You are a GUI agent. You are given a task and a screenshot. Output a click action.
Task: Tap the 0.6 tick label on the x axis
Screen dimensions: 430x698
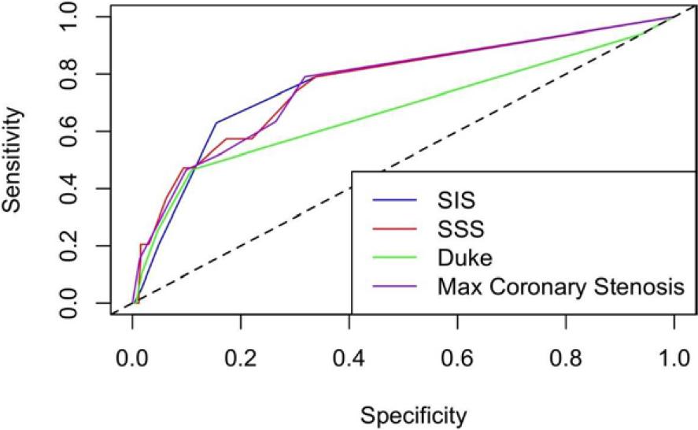(x=456, y=355)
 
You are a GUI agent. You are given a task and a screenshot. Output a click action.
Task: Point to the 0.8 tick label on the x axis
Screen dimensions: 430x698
(x=565, y=355)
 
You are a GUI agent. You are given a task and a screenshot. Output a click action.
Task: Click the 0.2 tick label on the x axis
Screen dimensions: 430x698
(x=240, y=355)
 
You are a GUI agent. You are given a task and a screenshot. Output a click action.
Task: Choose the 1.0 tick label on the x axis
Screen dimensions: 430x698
(x=673, y=355)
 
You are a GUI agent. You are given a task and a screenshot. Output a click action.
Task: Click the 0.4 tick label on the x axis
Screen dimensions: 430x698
(x=349, y=355)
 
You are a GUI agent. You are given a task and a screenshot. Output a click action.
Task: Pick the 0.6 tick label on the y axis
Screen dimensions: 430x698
(x=77, y=132)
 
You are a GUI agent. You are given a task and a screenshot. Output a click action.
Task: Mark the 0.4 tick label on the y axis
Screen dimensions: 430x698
(x=77, y=189)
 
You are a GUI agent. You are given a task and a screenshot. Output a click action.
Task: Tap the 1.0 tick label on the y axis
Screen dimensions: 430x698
(x=77, y=17)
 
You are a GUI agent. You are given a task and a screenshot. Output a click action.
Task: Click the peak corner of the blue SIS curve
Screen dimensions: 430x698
(x=216, y=122)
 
